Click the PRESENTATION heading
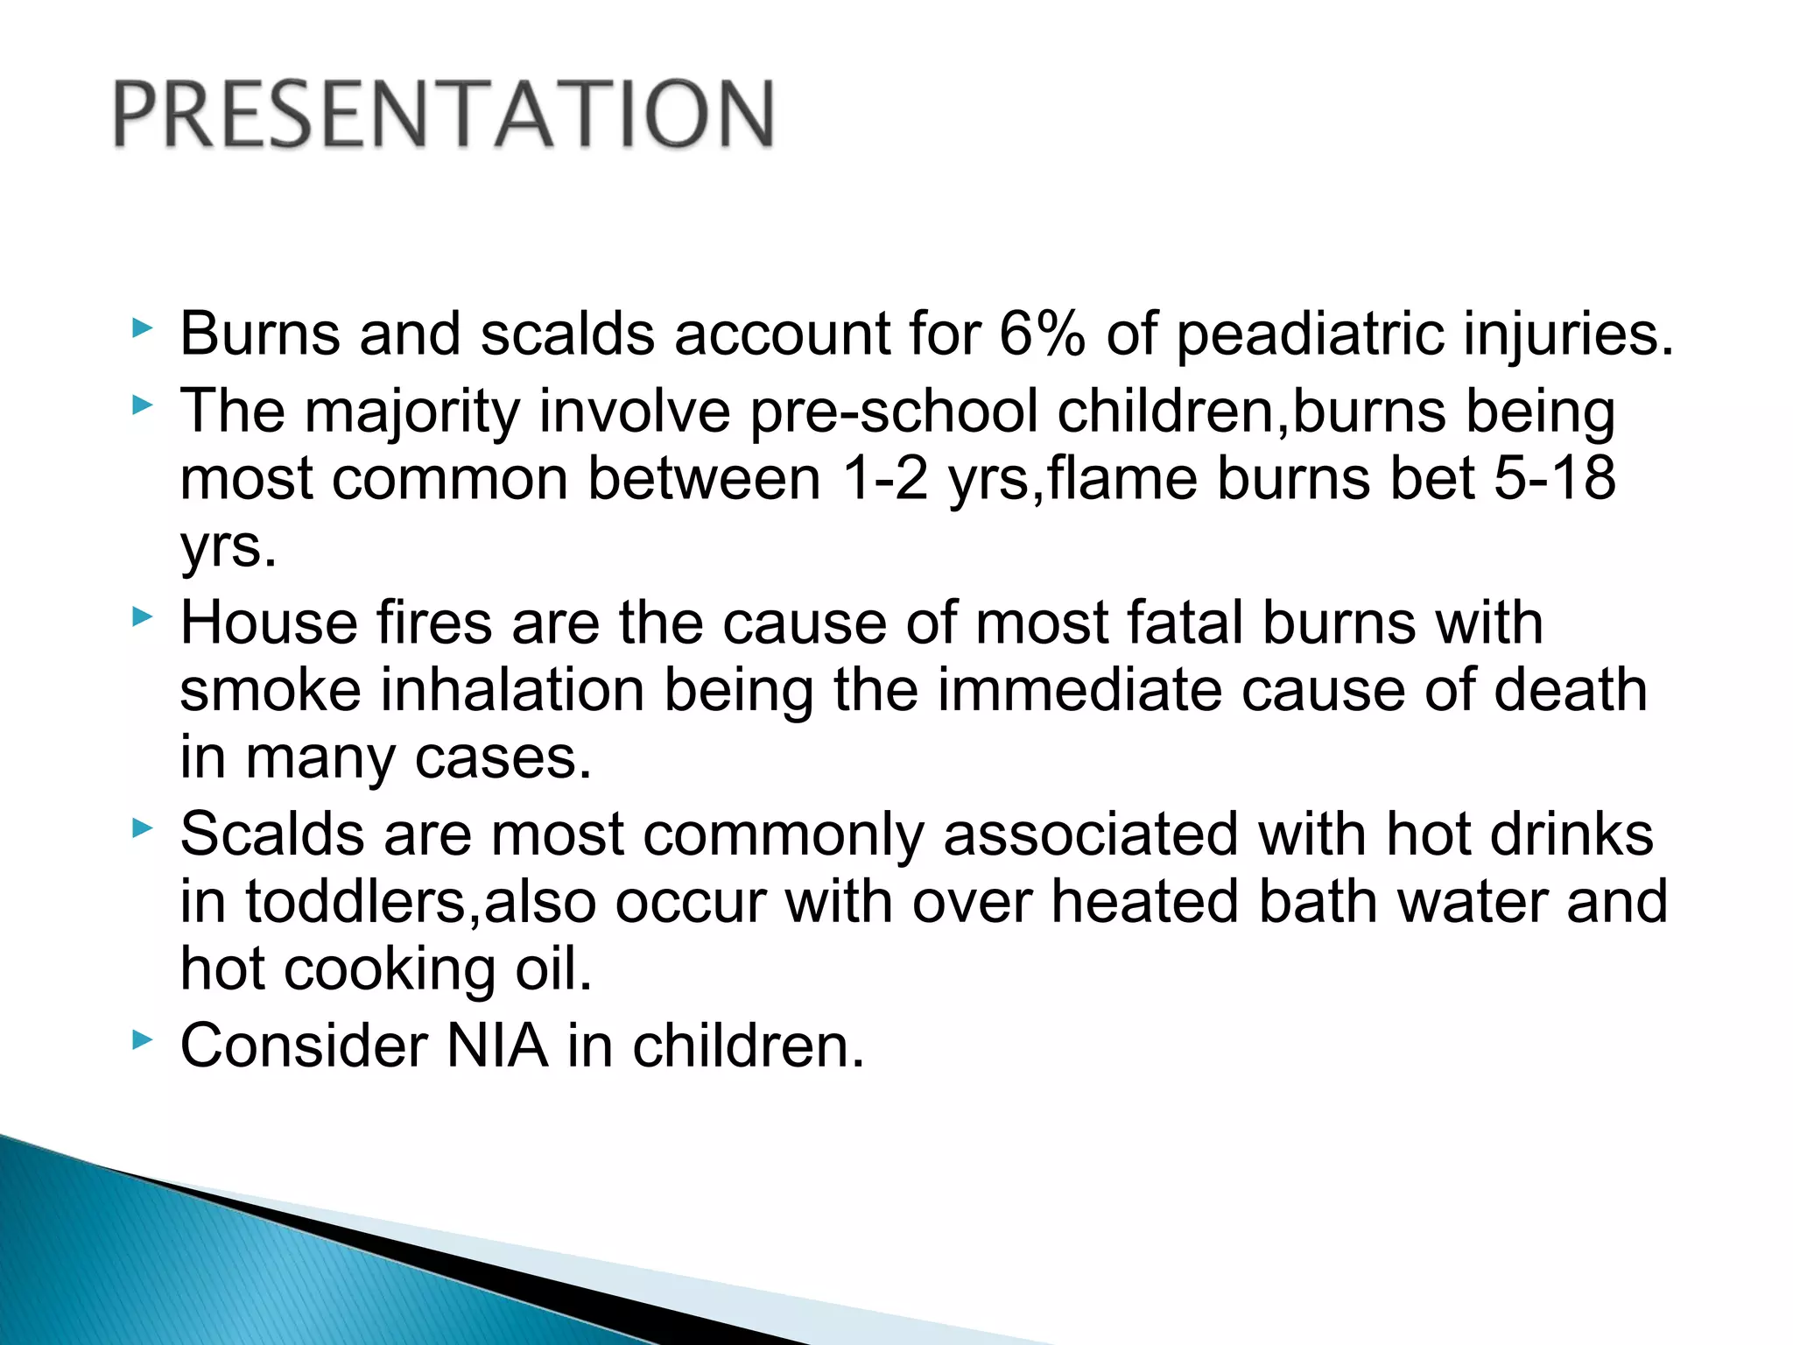(x=443, y=114)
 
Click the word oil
(x=552, y=969)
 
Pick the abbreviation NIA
(x=497, y=1046)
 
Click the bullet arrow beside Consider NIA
(x=142, y=1039)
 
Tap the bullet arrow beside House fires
(x=142, y=617)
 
